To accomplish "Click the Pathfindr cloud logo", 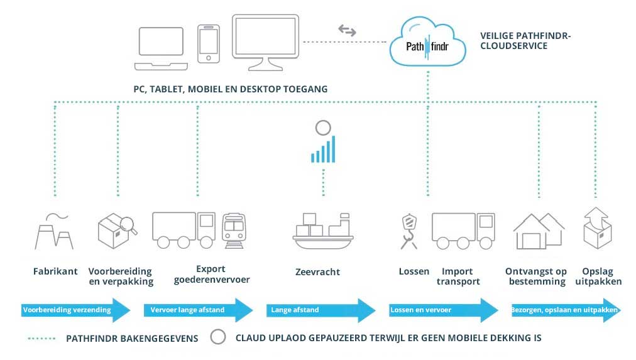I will click(x=427, y=43).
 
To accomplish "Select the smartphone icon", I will click(x=209, y=44).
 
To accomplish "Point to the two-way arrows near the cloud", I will click(x=347, y=30).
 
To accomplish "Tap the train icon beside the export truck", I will click(x=234, y=231).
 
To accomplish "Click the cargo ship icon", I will click(x=322, y=231).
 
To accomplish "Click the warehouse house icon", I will click(x=539, y=231).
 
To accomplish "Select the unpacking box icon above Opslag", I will click(x=597, y=229).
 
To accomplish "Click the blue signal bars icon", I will click(x=322, y=150).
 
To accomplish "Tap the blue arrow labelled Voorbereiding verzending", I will click(x=76, y=310).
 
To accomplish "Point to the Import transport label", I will click(x=458, y=276).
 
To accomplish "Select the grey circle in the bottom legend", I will click(x=217, y=337).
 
